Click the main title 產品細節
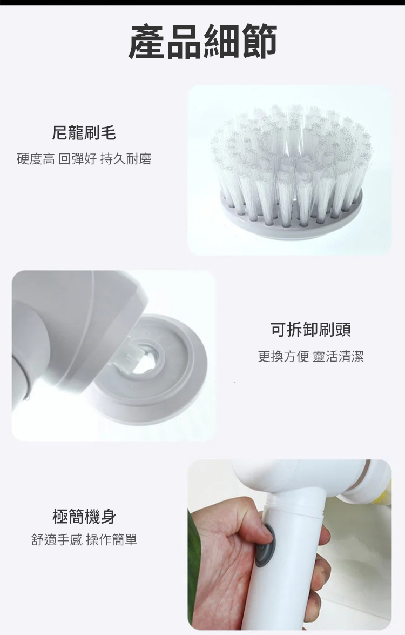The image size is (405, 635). click(202, 41)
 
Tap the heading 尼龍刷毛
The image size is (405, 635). click(84, 132)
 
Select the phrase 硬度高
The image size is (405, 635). click(36, 159)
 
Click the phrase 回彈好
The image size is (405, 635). click(78, 159)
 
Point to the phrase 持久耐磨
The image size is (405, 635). click(126, 159)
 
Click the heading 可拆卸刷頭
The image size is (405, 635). click(310, 329)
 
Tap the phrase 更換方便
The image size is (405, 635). click(283, 356)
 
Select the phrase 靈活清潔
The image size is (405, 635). click(338, 356)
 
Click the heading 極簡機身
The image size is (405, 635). click(84, 516)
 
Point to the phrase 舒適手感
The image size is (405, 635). click(57, 539)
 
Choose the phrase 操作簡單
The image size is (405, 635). click(112, 539)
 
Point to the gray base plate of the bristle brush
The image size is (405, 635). click(291, 219)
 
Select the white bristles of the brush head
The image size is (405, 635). click(291, 160)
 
